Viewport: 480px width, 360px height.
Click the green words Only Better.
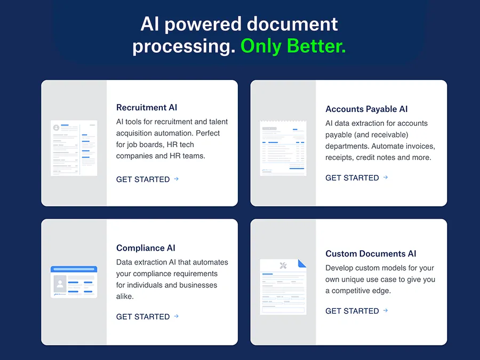click(x=293, y=46)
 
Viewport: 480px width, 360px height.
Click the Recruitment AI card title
click(x=147, y=107)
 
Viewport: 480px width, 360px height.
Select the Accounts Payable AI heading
click(x=366, y=109)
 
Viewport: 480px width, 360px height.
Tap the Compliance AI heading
click(x=146, y=247)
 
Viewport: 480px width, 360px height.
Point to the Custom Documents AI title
click(x=371, y=253)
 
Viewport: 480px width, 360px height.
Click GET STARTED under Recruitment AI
click(x=143, y=179)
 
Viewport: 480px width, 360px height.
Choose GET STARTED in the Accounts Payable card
click(x=352, y=178)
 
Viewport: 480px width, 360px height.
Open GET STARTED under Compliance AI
click(x=143, y=316)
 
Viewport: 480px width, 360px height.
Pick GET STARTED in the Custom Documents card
click(x=352, y=311)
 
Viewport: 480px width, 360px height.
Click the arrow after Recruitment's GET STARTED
click(x=177, y=179)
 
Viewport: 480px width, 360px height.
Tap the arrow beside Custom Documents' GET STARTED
click(x=386, y=310)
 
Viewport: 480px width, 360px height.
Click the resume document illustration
click(x=74, y=148)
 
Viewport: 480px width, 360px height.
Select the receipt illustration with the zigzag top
click(x=283, y=148)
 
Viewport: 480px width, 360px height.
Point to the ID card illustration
click(x=74, y=282)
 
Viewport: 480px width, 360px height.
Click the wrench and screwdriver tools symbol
click(x=283, y=266)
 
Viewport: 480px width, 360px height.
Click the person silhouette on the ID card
click(x=60, y=284)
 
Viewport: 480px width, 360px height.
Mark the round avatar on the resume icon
click(x=57, y=127)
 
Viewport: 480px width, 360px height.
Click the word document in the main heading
click(x=292, y=24)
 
